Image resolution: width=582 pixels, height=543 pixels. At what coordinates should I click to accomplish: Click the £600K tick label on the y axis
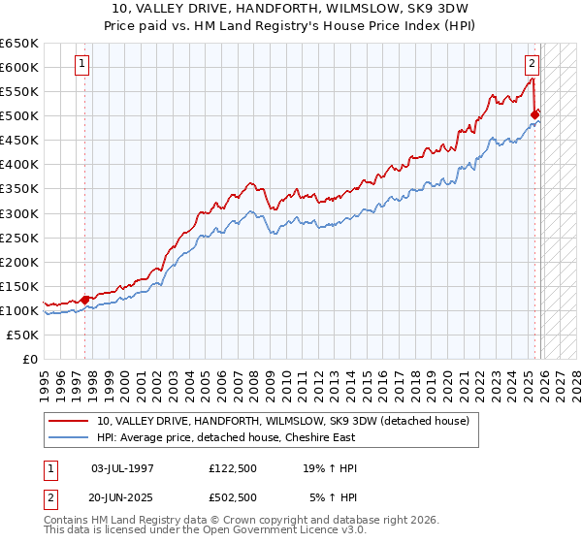click(19, 68)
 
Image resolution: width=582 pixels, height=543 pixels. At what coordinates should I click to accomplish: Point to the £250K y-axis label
click(19, 238)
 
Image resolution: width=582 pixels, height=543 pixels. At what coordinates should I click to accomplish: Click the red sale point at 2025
click(534, 114)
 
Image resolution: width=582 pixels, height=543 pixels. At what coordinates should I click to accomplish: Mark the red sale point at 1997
click(84, 299)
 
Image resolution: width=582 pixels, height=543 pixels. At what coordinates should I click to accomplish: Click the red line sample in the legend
click(69, 421)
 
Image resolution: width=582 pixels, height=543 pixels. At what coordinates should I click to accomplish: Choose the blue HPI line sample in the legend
click(69, 437)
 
